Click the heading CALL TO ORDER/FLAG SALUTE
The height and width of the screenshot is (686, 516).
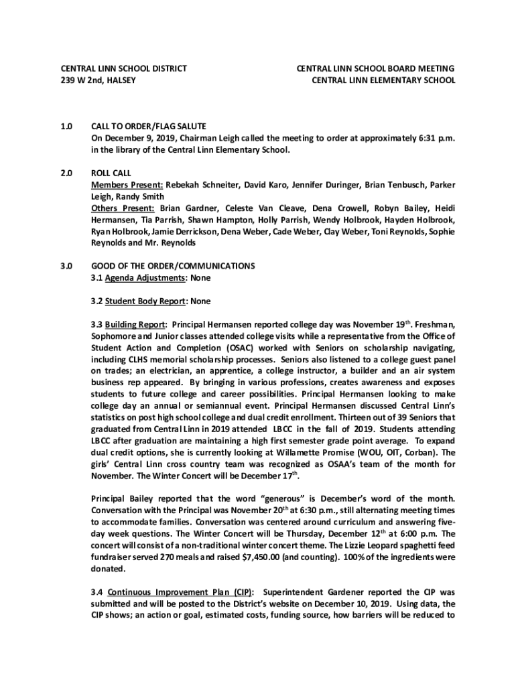click(148, 126)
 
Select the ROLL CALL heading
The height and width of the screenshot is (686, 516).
click(111, 173)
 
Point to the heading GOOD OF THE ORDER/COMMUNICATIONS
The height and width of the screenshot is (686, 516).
click(173, 266)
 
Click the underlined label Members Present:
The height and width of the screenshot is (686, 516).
click(127, 184)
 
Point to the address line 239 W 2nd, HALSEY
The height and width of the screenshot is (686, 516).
click(99, 80)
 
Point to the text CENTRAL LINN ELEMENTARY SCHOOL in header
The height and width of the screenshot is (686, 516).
click(384, 80)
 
